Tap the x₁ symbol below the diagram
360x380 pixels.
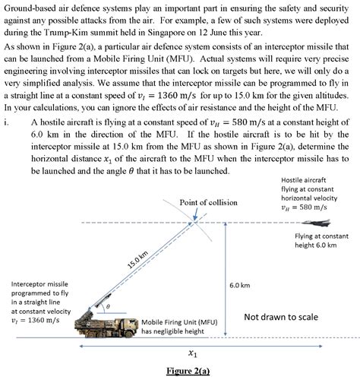click(193, 353)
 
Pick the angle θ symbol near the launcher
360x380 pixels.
click(109, 306)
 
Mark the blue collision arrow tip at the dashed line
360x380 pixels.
click(197, 220)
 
